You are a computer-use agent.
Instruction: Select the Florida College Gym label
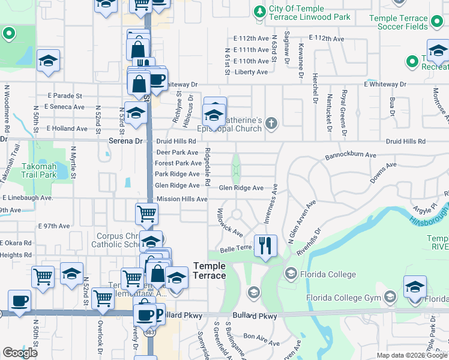click(343, 298)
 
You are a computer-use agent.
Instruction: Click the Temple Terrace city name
click(209, 271)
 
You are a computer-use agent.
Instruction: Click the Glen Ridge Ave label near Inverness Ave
click(241, 188)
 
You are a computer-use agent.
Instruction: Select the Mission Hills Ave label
click(181, 199)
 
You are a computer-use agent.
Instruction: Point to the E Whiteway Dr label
click(385, 85)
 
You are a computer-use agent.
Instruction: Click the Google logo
click(20, 353)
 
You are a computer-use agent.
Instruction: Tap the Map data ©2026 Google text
click(411, 355)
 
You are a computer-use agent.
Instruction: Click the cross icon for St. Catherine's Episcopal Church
click(271, 124)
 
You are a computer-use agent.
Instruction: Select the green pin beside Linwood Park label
click(259, 13)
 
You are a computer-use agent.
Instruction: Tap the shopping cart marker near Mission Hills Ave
click(146, 213)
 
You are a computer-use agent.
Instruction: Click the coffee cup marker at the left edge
click(19, 301)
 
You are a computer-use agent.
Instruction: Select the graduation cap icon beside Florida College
click(291, 274)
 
